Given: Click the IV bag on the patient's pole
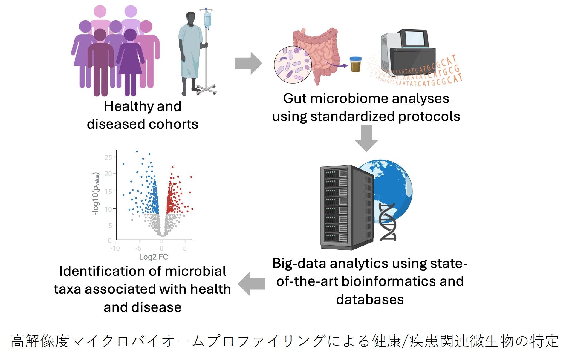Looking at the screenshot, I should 207,20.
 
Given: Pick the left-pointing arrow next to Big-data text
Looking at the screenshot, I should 251,284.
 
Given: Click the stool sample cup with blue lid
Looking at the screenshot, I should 355,64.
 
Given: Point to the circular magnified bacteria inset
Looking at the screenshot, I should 293,65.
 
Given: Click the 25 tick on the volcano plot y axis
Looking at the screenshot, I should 108,157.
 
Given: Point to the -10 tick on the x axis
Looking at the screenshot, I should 115,248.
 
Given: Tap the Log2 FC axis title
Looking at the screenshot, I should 154,257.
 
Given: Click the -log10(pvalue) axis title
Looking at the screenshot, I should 96,193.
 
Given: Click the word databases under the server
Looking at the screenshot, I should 370,300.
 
